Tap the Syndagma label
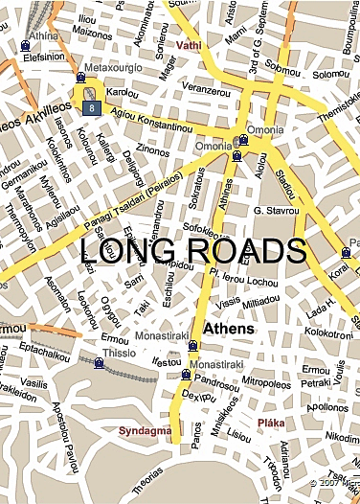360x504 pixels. (x=144, y=431)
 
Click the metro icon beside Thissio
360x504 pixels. (x=99, y=363)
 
